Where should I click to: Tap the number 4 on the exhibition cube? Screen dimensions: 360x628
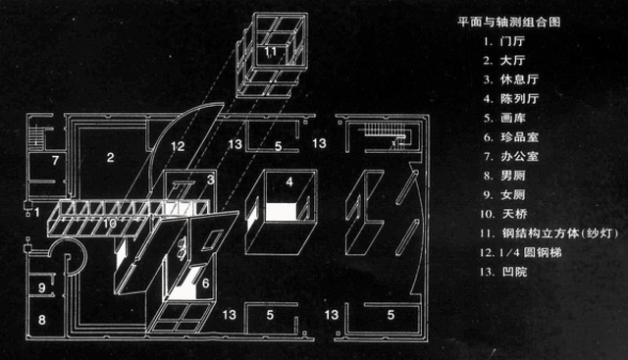(289, 182)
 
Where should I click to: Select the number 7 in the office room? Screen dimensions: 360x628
(56, 159)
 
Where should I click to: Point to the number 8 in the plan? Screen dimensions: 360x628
(42, 320)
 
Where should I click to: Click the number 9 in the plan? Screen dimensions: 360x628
(42, 286)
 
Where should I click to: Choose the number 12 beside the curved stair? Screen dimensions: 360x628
(177, 146)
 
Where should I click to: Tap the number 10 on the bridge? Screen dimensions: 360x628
(110, 224)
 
